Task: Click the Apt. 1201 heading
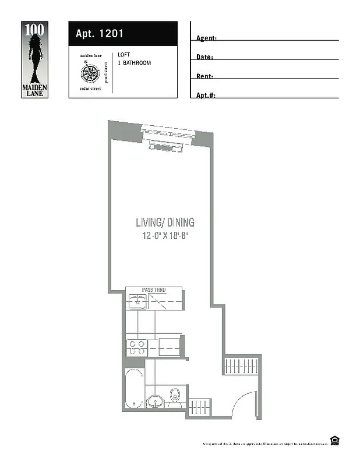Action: point(100,34)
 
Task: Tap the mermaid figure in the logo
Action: point(34,56)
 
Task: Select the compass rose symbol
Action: point(90,73)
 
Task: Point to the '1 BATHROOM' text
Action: point(134,62)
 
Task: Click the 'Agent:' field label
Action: point(206,38)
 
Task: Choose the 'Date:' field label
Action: point(204,57)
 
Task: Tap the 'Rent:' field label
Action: point(204,76)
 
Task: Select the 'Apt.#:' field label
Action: point(206,95)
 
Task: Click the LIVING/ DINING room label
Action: point(165,223)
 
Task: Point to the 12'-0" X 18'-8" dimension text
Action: point(165,236)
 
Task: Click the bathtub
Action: point(133,387)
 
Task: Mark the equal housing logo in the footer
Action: point(334,440)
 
